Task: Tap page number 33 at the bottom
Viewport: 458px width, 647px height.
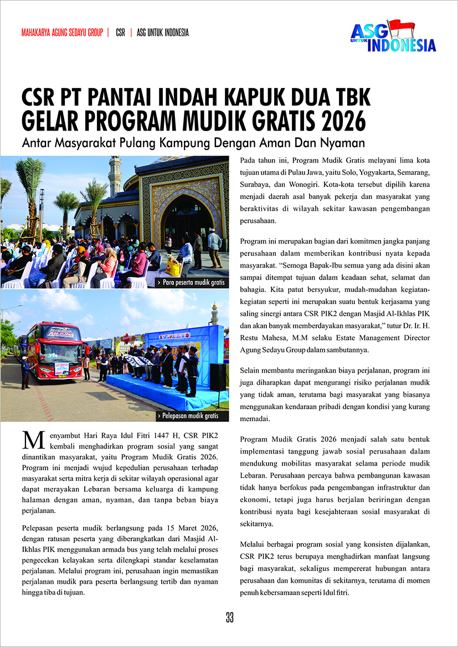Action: (229, 618)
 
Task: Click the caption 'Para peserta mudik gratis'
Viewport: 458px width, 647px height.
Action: (193, 283)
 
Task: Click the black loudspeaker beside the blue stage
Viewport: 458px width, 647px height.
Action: (218, 377)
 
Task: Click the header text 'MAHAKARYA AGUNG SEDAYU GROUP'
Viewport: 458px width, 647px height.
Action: (62, 33)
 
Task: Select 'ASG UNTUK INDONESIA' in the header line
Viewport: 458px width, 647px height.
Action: (162, 33)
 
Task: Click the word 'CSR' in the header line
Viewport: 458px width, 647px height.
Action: (120, 33)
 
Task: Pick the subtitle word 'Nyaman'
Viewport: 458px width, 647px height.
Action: (346, 143)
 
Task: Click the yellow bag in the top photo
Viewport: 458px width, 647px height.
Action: (173, 269)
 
